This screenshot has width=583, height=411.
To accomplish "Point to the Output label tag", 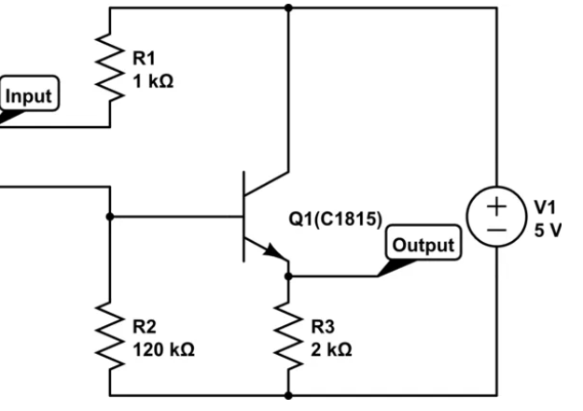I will (423, 246).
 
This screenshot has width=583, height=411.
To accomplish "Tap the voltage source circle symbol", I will (493, 216).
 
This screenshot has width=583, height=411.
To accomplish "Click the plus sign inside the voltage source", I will (493, 205).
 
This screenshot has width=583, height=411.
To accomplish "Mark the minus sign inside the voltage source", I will (493, 228).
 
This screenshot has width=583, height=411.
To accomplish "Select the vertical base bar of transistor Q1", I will (244, 217).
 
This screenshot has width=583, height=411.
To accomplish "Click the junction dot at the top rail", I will (288, 8).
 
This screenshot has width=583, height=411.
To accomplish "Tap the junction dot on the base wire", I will (111, 217).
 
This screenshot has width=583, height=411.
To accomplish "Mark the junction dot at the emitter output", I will (288, 276).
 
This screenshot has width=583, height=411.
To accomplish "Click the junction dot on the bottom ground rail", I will (288, 395).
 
